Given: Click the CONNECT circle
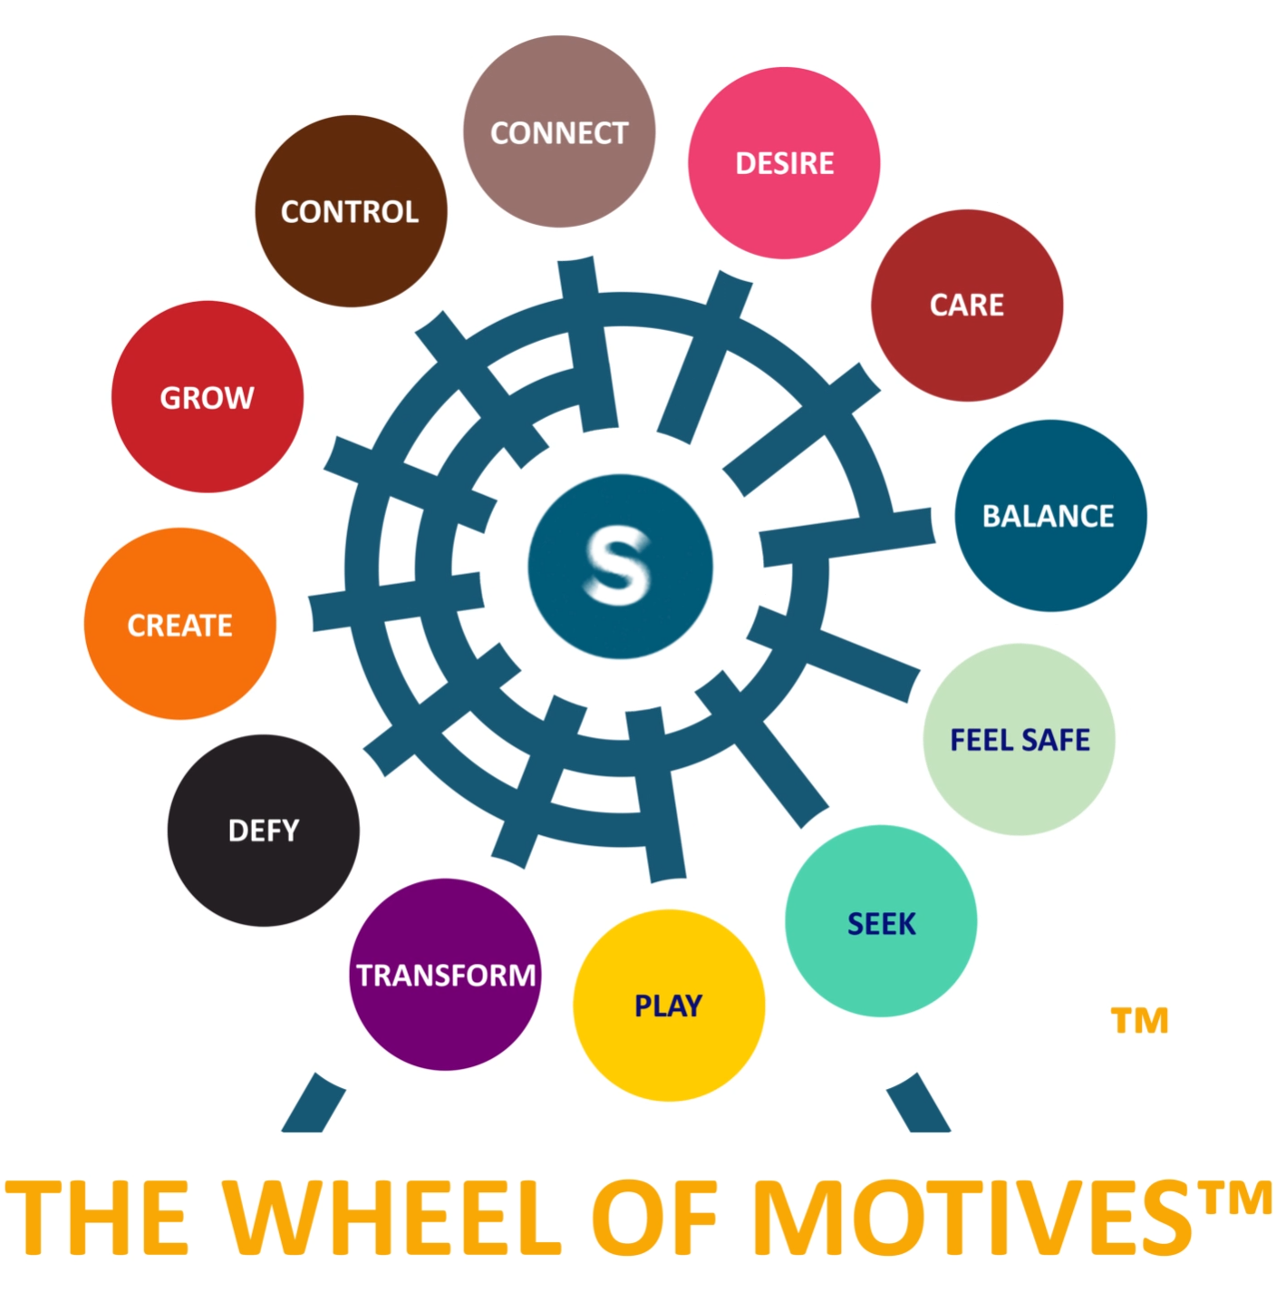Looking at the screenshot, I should [x=558, y=131].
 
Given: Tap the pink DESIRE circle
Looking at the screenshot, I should [x=784, y=163].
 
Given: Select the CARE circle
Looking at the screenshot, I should [x=966, y=306].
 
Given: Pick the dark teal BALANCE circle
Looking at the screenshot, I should [x=1049, y=515].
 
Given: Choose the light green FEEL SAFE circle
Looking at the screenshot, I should [x=1019, y=739].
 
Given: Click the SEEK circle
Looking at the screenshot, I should [x=881, y=921].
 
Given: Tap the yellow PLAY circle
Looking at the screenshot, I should [x=669, y=1006].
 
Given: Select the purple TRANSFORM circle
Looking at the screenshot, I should [x=445, y=975].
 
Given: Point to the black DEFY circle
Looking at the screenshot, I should [x=263, y=830].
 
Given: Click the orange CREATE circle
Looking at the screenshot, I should [x=179, y=624].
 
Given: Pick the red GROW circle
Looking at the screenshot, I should [x=207, y=396].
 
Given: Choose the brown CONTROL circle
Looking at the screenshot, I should [x=350, y=211].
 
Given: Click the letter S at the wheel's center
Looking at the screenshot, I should [x=619, y=566].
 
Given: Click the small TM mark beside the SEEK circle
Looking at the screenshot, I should [x=1139, y=1021].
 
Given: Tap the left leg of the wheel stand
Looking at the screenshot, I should [x=313, y=1103].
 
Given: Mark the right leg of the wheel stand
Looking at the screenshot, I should [x=919, y=1103].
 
